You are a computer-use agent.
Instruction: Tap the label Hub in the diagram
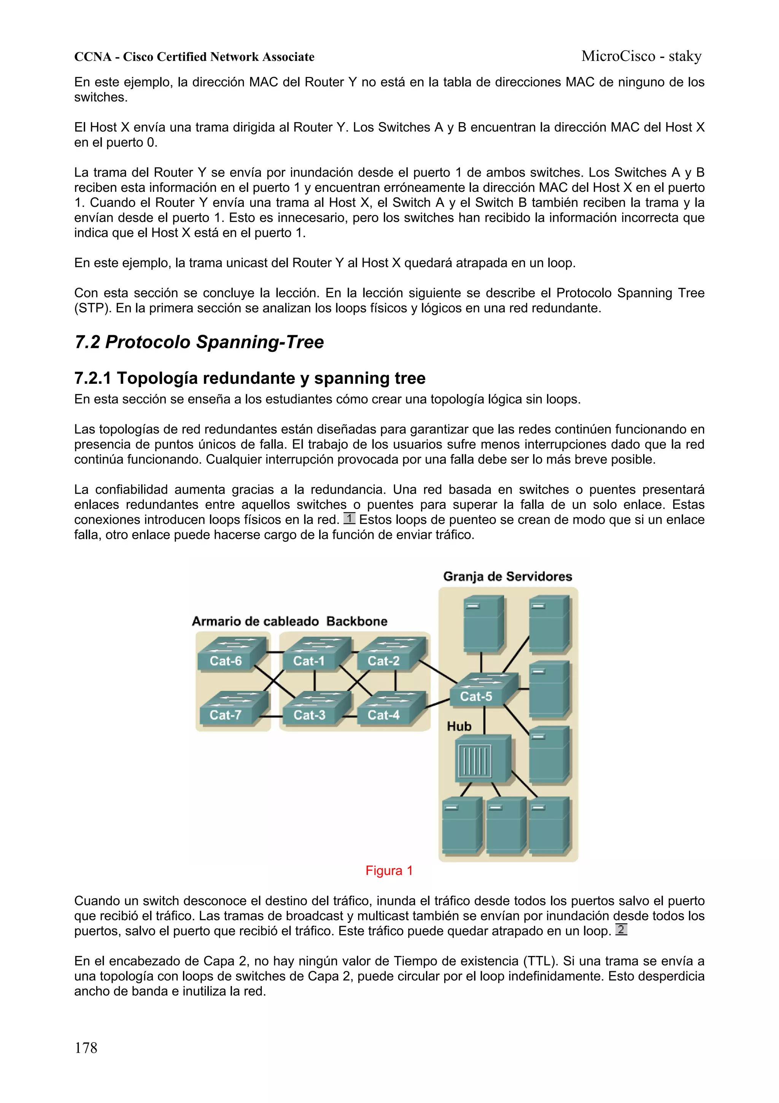tap(459, 726)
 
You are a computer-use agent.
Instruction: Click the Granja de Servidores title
tap(507, 576)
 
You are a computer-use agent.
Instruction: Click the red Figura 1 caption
tap(389, 870)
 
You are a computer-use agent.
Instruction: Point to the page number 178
tap(86, 1048)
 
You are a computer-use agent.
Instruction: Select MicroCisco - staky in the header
tap(641, 56)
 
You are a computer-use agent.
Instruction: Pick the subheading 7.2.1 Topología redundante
tap(250, 378)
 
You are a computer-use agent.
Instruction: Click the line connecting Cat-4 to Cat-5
tap(437, 703)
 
